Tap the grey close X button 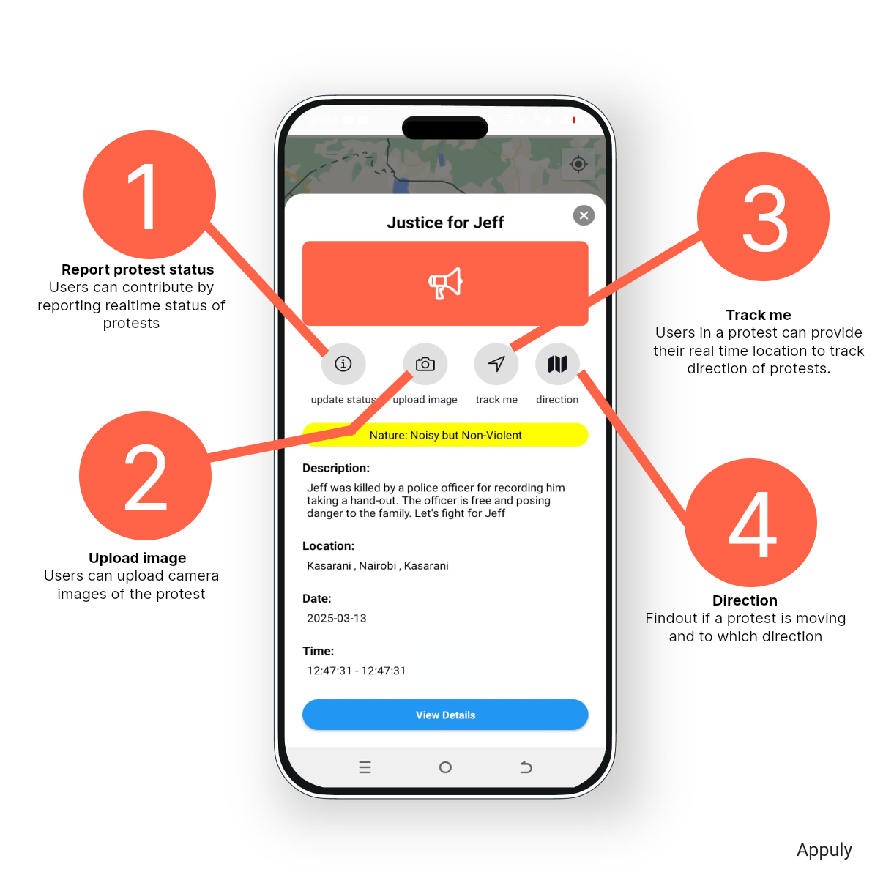(584, 215)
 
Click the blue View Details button (445, 715)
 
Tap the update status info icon (343, 364)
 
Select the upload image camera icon (425, 364)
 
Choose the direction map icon (557, 364)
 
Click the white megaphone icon (445, 283)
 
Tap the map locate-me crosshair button (578, 164)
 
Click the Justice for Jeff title (445, 223)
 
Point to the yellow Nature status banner (445, 435)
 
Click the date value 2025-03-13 (336, 618)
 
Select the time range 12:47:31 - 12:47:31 (356, 671)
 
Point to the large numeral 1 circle (149, 195)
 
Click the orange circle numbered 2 (145, 475)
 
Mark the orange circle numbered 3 (763, 217)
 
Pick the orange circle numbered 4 (750, 522)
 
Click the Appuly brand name (824, 850)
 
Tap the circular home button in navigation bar (445, 767)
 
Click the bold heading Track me (758, 315)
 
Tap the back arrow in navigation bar (525, 767)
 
